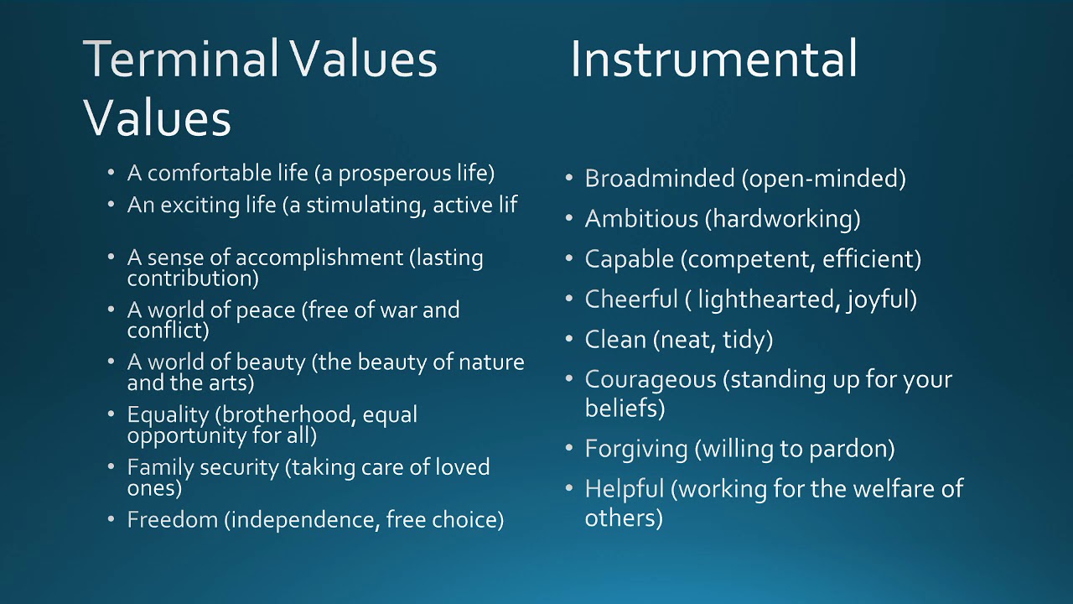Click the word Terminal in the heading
pyautogui.click(x=180, y=59)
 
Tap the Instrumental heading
pyautogui.click(x=713, y=59)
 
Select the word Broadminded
pyautogui.click(x=660, y=179)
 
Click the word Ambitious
pyautogui.click(x=641, y=219)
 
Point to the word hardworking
pyautogui.click(x=783, y=220)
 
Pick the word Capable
pyautogui.click(x=629, y=259)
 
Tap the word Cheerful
pyautogui.click(x=631, y=299)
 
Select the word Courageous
pyautogui.click(x=651, y=380)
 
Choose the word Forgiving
pyautogui.click(x=636, y=449)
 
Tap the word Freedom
pyautogui.click(x=173, y=519)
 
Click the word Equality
pyautogui.click(x=168, y=415)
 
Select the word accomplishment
pyautogui.click(x=319, y=258)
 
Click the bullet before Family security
pyautogui.click(x=111, y=466)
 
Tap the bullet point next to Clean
pyautogui.click(x=569, y=339)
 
